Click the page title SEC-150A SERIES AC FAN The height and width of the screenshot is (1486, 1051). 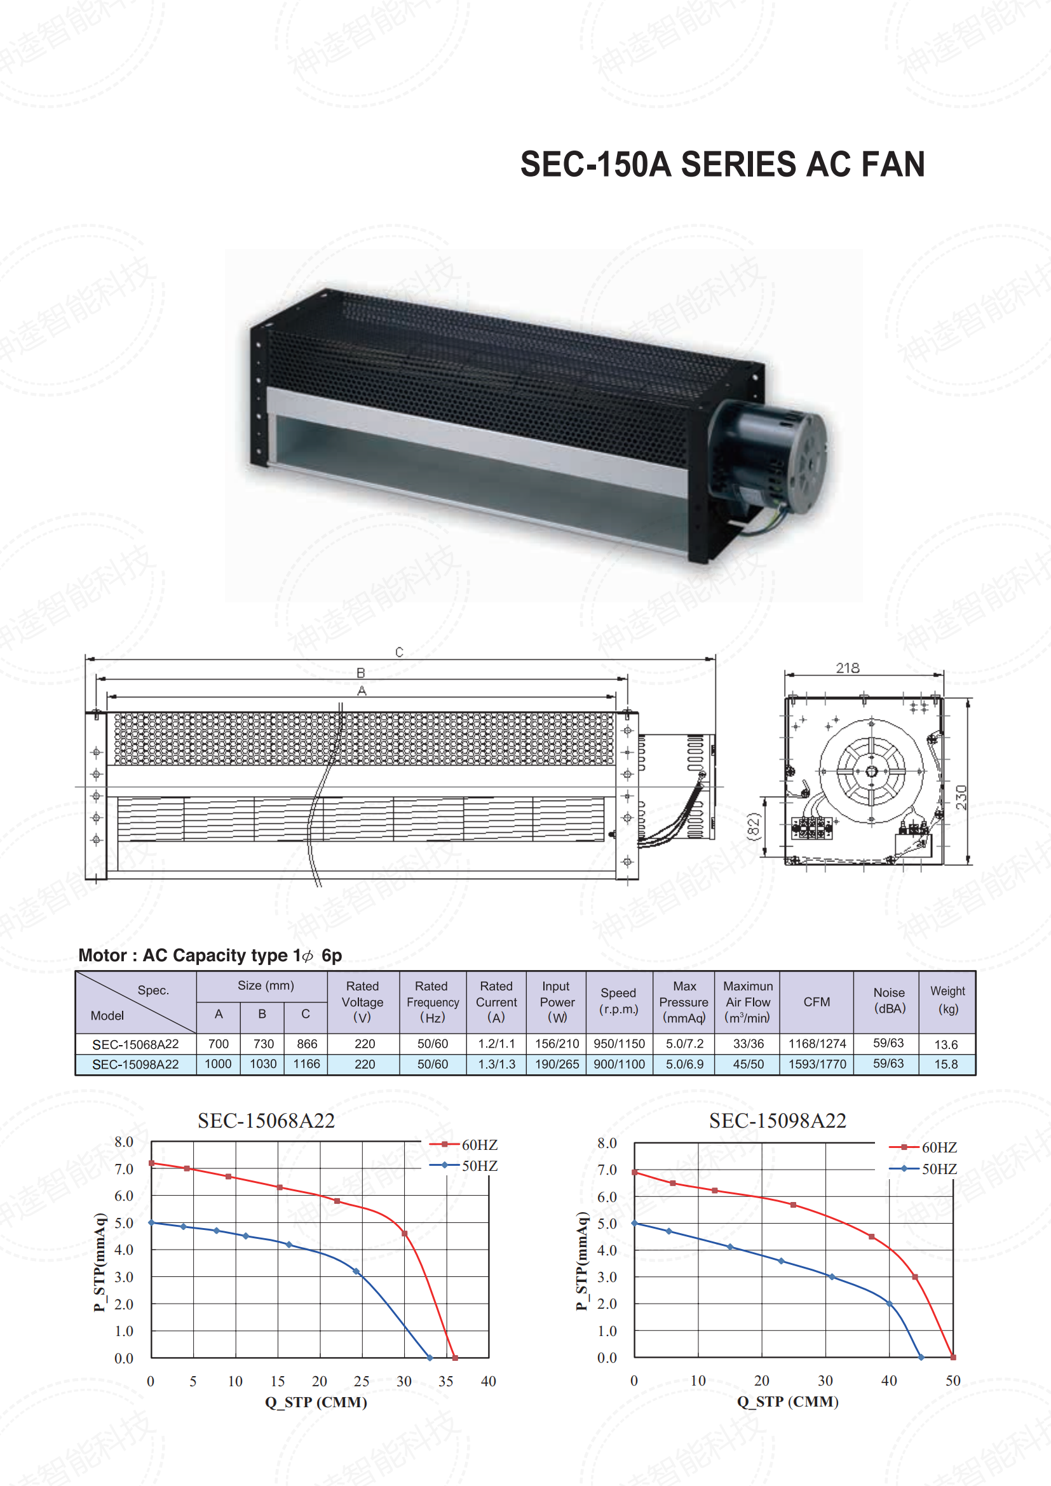[722, 165]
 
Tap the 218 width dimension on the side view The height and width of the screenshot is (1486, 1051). [847, 668]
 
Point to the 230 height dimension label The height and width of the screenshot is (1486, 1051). [961, 797]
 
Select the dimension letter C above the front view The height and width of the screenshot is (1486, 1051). [399, 652]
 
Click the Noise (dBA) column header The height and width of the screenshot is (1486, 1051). [889, 1001]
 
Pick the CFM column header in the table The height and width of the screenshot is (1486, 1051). [817, 1002]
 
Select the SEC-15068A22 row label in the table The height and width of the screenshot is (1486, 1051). [135, 1044]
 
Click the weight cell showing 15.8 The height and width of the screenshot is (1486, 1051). [946, 1064]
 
